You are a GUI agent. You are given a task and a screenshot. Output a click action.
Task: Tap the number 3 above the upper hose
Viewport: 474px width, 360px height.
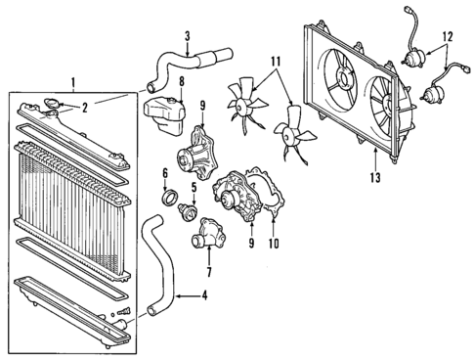pos(187,37)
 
